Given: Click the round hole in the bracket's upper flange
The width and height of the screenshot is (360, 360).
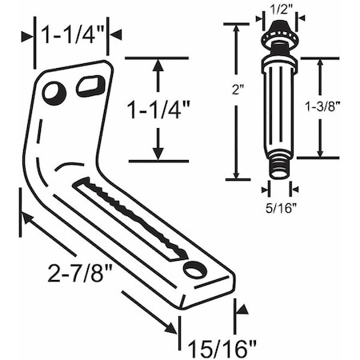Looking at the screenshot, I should point(54,94).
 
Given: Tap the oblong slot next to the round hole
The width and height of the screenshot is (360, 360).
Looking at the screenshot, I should point(91,85).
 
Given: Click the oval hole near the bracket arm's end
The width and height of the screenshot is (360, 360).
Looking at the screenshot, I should point(194,270).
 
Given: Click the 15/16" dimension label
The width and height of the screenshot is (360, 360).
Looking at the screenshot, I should point(219,346).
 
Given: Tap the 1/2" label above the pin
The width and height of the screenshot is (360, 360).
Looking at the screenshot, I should point(276,9).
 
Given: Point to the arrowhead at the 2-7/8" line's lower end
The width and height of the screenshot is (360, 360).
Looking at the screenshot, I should point(170,327).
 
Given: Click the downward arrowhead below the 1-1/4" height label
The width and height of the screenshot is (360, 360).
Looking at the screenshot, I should point(158,154).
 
